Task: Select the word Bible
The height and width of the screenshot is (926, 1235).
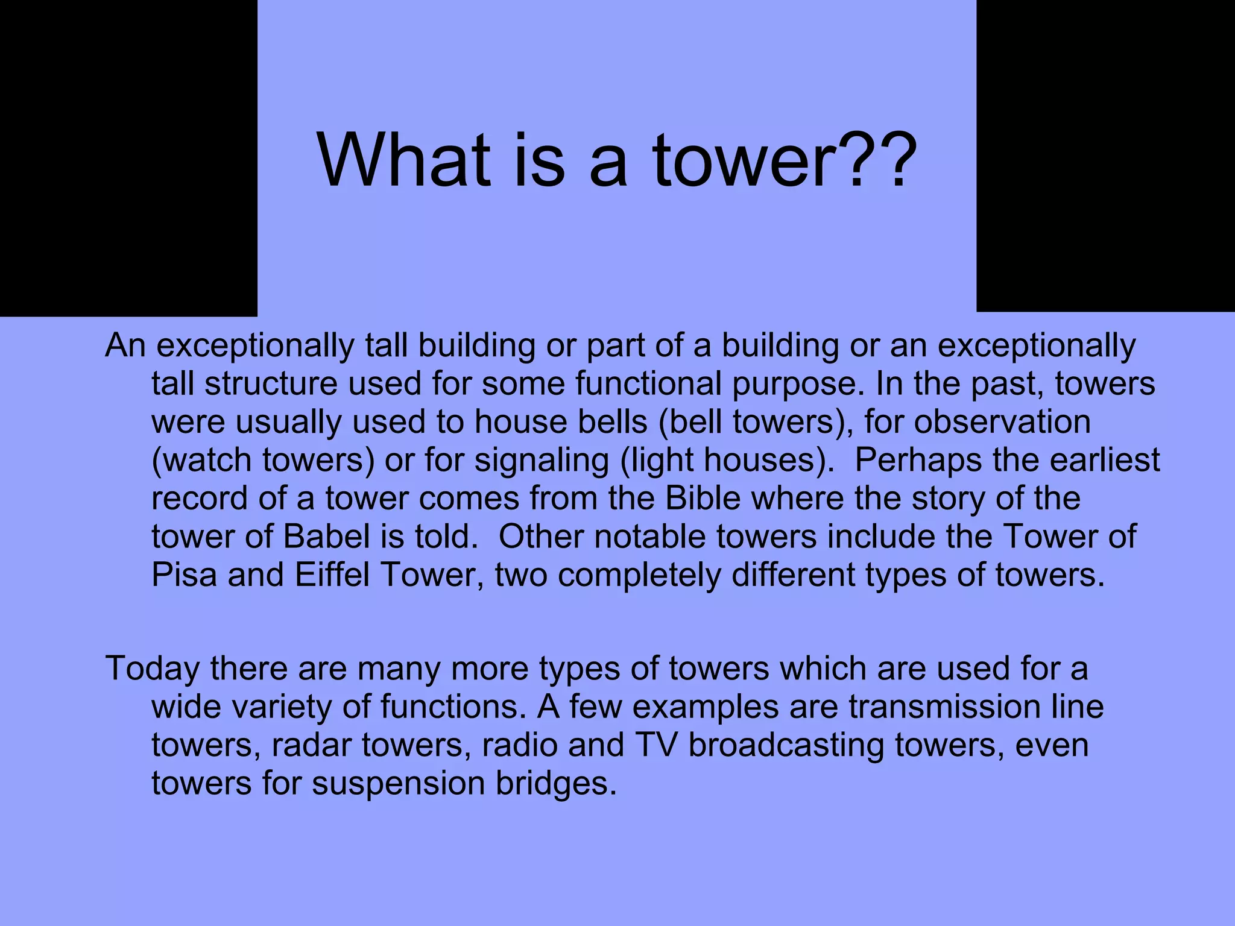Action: pos(703,498)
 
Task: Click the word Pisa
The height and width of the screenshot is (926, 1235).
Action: pos(184,575)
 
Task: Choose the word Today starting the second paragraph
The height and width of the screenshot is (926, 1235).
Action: pos(153,669)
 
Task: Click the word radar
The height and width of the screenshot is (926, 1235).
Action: pos(312,745)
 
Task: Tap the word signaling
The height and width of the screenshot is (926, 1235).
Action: pos(542,461)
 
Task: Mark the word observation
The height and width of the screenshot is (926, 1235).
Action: pos(1002,422)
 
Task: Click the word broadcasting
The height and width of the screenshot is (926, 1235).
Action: pos(786,745)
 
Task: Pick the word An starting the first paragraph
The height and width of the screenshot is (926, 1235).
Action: pos(125,346)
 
